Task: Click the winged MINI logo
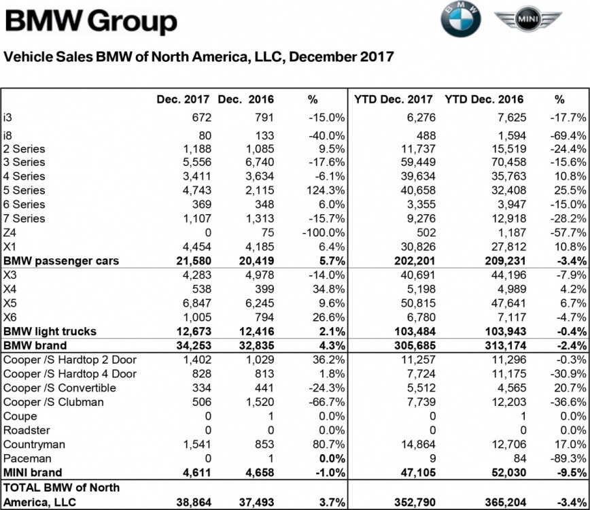tap(527, 20)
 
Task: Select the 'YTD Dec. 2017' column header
tap(394, 99)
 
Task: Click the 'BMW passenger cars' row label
tap(61, 261)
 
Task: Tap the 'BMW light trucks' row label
tap(50, 332)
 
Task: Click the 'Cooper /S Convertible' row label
tap(60, 388)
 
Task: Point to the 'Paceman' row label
tap(24, 458)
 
